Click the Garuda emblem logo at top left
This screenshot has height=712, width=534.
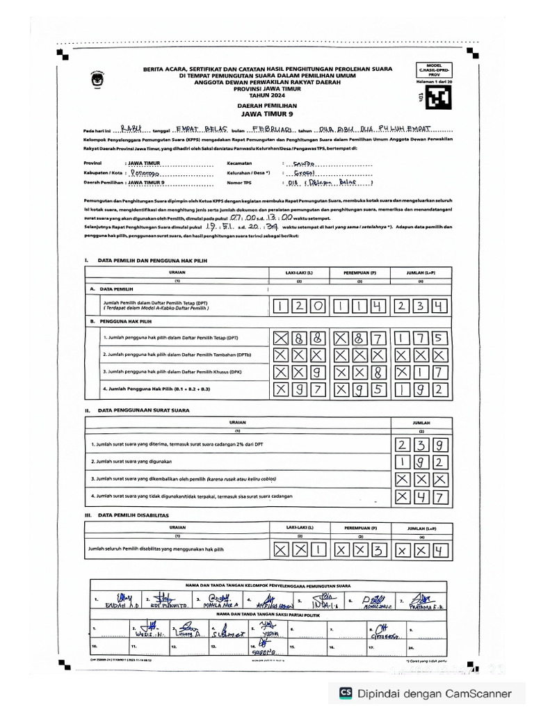click(96, 79)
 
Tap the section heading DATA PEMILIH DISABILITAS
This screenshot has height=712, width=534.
click(133, 515)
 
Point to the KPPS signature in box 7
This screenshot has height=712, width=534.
click(423, 600)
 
